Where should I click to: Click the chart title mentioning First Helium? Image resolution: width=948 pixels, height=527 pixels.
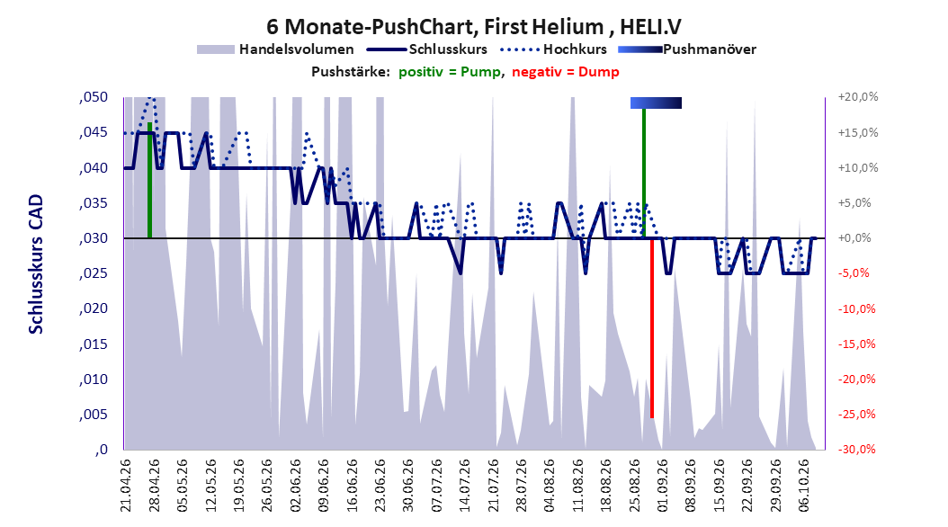coord(473,27)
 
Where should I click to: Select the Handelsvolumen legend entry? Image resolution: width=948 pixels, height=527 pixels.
coord(276,49)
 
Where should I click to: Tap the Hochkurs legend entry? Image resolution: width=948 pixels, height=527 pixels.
coord(554,49)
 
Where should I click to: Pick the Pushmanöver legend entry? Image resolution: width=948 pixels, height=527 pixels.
coord(687,49)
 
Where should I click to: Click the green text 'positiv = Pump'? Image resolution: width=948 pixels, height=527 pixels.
coord(449,72)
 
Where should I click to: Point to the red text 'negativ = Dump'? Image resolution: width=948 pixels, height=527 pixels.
coord(566,72)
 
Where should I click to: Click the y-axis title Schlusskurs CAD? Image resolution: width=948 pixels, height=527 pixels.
coord(36,264)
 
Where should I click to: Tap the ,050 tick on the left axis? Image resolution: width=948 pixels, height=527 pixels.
coord(94,97)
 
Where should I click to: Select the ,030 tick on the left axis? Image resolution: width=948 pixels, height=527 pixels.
coord(94,238)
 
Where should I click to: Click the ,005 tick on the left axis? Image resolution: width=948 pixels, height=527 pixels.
coord(94,415)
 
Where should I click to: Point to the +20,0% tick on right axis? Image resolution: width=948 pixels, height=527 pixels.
coord(858,97)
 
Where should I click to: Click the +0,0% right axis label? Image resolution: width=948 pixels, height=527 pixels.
coord(854,238)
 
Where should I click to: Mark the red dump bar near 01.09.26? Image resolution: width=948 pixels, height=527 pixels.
coord(652,328)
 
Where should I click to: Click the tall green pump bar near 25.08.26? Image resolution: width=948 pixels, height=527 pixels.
coord(644,173)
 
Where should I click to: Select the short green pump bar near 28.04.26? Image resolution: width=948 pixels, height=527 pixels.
coord(149,180)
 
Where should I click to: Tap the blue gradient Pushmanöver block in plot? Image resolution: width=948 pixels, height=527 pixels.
coord(656,103)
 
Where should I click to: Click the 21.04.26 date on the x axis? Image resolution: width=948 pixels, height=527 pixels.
coord(125,486)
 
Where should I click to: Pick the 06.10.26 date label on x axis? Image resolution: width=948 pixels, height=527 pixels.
coord(803,486)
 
